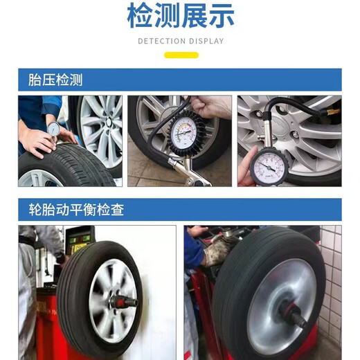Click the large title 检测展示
pos(180,17)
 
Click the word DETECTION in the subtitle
pos(162,41)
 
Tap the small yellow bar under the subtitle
pos(180,55)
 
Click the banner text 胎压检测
pos(55,80)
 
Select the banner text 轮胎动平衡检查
pos(76,210)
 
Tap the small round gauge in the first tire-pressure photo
pos(53,128)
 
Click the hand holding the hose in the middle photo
pos(208,107)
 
